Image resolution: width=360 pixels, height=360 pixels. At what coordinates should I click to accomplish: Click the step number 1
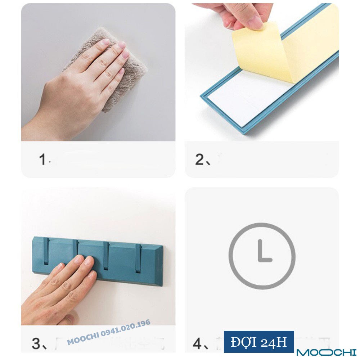tap(42, 159)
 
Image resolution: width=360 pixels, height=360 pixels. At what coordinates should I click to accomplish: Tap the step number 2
tap(199, 159)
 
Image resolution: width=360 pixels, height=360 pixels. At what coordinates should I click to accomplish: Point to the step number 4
tap(198, 343)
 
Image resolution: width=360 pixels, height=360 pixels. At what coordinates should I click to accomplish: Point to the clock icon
tap(262, 256)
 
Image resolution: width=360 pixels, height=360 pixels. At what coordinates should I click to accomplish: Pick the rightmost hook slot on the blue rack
tap(138, 257)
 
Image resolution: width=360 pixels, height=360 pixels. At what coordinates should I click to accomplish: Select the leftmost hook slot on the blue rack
tap(46, 252)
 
